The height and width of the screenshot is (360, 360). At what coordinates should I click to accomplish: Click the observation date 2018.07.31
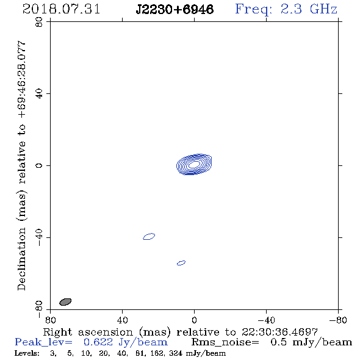(x=61, y=9)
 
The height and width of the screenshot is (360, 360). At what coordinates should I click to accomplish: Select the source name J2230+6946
(x=175, y=9)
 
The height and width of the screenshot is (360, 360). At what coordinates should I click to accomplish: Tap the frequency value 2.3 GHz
(x=309, y=9)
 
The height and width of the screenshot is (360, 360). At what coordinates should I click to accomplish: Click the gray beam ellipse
(x=65, y=302)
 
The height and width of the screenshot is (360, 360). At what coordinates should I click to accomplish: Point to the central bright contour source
(x=194, y=164)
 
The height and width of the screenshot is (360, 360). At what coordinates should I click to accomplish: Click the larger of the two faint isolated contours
(x=149, y=236)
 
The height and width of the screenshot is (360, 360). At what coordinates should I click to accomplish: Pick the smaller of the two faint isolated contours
(x=181, y=263)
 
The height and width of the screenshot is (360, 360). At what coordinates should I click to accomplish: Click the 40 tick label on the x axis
(x=122, y=320)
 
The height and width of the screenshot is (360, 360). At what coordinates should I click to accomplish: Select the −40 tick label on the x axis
(x=266, y=320)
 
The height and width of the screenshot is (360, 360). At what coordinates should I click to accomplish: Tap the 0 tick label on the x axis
(x=194, y=320)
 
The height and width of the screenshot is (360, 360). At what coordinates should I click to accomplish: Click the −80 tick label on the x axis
(x=338, y=320)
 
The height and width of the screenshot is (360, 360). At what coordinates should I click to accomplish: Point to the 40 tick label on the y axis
(x=39, y=94)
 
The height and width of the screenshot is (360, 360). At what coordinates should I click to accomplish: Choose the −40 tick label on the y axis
(x=39, y=237)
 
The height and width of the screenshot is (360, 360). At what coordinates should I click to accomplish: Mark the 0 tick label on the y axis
(x=39, y=165)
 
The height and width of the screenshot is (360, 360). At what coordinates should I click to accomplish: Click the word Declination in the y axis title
(x=21, y=259)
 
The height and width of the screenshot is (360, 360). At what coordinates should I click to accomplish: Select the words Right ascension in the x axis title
(x=88, y=333)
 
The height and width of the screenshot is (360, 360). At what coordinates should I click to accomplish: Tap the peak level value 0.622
(x=98, y=342)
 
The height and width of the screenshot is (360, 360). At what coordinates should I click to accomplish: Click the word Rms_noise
(x=225, y=342)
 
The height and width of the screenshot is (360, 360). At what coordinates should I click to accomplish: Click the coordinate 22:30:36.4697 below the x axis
(x=279, y=332)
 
